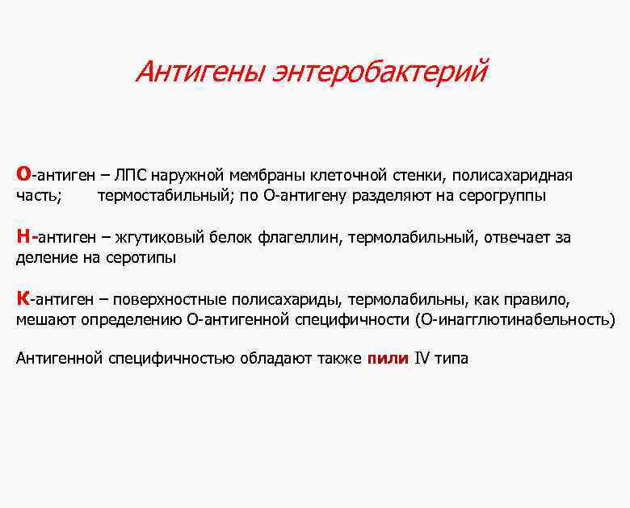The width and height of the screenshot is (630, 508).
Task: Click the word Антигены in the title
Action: click(x=202, y=73)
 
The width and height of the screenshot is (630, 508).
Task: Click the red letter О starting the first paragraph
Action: click(x=23, y=175)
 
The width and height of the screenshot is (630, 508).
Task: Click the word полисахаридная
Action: click(x=512, y=176)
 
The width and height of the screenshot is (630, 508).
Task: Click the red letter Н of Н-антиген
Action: click(x=24, y=237)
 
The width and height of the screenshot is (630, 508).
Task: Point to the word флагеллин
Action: click(x=300, y=238)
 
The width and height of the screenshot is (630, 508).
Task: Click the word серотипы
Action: click(x=141, y=258)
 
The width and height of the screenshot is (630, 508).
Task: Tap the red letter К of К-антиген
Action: click(x=23, y=299)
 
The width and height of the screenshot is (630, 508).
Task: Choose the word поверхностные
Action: click(x=170, y=300)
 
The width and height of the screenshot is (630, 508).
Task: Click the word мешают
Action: click(x=45, y=320)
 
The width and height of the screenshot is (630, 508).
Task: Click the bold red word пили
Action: click(x=388, y=359)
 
